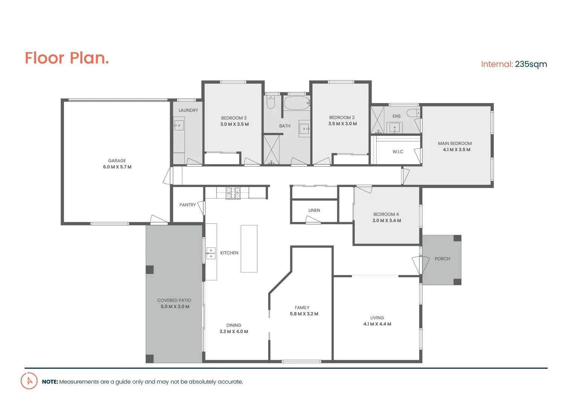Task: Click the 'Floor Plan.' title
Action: [67, 58]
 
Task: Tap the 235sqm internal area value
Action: [531, 64]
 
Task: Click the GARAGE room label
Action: [117, 161]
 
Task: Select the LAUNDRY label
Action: [188, 110]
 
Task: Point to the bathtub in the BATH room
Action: [297, 103]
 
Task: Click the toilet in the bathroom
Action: [271, 103]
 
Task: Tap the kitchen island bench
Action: [249, 249]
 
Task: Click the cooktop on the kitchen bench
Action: [233, 193]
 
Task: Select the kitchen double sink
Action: [211, 253]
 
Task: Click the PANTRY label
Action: [188, 205]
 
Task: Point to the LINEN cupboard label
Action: [314, 211]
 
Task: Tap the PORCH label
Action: [442, 259]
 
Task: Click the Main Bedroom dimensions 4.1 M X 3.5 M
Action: [456, 150]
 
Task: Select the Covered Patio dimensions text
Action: [175, 307]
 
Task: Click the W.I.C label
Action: [398, 152]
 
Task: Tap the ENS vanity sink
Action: [394, 128]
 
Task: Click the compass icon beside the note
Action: [29, 381]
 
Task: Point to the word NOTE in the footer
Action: [50, 382]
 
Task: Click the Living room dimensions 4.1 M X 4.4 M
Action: [377, 324]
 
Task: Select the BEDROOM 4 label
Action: [386, 214]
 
